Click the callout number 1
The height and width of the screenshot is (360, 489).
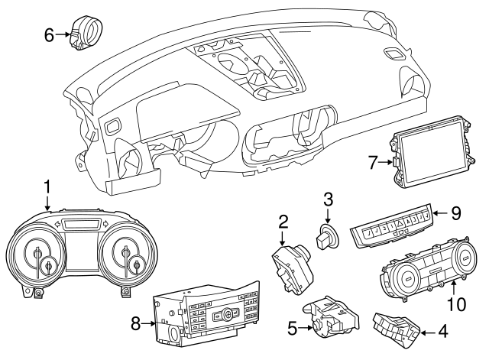click(x=47, y=186)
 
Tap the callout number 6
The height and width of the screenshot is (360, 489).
click(x=49, y=34)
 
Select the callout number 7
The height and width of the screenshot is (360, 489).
click(x=373, y=161)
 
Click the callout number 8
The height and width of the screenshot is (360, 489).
click(x=135, y=324)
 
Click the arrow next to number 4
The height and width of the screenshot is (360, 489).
click(x=427, y=332)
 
